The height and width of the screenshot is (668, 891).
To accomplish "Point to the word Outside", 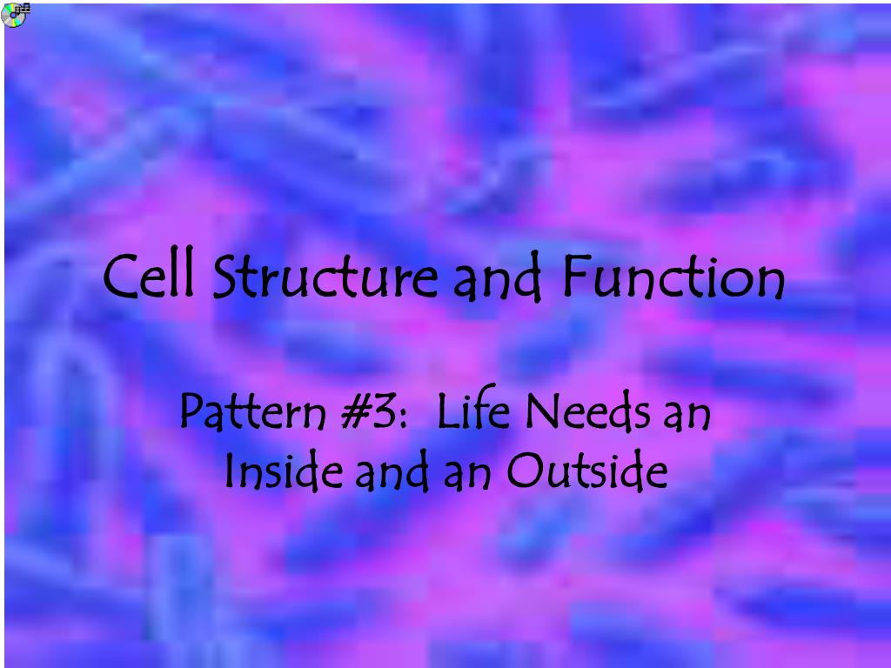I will [x=588, y=471].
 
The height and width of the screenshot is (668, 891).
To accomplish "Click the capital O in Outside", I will [x=523, y=472].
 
